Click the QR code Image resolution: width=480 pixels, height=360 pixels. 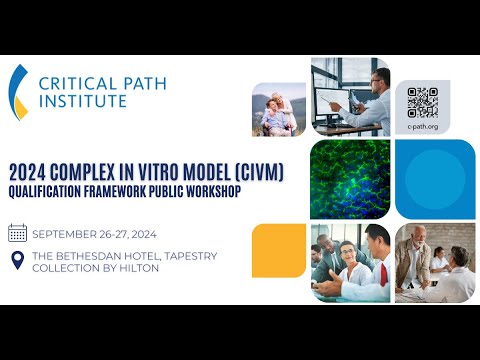tap(423, 102)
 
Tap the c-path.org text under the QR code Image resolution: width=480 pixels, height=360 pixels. tap(423, 127)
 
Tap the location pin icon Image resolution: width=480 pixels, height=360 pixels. tap(17, 259)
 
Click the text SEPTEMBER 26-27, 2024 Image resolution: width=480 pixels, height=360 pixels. tap(96, 234)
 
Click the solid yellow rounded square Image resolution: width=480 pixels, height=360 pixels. tap(278, 250)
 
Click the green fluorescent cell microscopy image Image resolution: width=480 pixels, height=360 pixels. tap(350, 179)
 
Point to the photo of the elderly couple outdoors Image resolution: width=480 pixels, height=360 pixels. tap(279, 109)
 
